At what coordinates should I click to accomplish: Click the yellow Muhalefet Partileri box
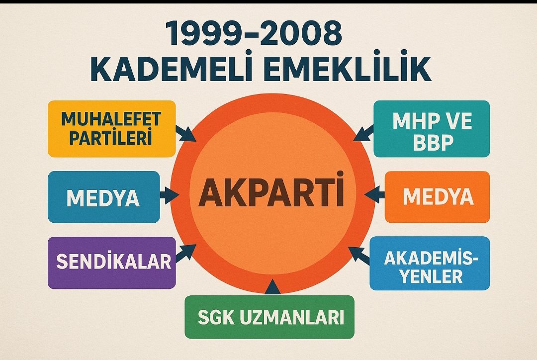pos(111,129)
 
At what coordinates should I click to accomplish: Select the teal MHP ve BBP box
pos(432,129)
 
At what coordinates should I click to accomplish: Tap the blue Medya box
pos(103,197)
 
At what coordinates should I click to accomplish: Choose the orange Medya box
pos(437,197)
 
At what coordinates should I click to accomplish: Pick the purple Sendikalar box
pos(111,262)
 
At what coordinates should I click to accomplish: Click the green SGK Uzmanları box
pos(269,317)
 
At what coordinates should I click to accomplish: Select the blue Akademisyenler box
pos(430,263)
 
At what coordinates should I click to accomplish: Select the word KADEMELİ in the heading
pos(174,70)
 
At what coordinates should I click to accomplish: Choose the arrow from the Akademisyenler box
pos(359,254)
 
